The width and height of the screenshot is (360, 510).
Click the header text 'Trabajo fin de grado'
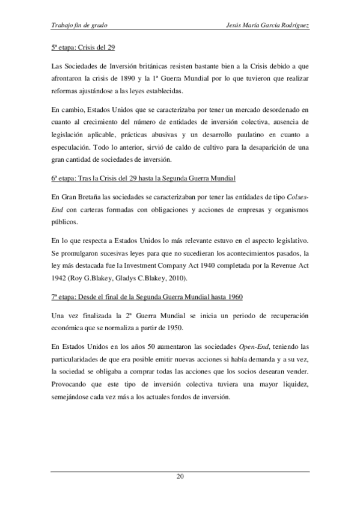tap(80, 26)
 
